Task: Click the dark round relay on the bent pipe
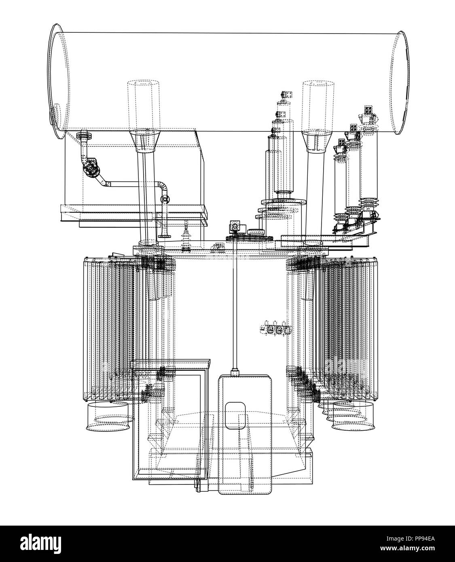coord(91,167)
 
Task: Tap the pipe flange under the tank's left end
coord(84,135)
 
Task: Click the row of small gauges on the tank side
coord(275,329)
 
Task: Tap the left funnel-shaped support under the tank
coord(145,141)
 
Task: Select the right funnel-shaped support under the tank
coord(317,142)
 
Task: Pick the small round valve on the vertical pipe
coord(165,199)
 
